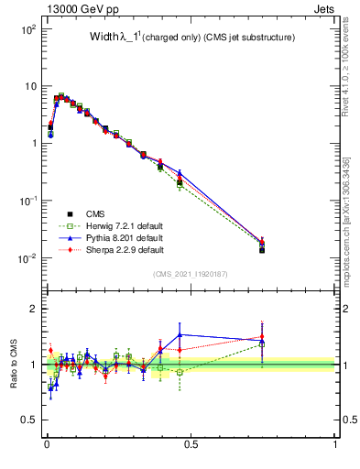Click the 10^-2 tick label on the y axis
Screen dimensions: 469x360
tap(27, 258)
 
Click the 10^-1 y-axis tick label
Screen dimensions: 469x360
tap(27, 201)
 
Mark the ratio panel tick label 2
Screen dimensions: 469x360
tap(33, 309)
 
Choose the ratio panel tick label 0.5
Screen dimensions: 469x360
tap(28, 420)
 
